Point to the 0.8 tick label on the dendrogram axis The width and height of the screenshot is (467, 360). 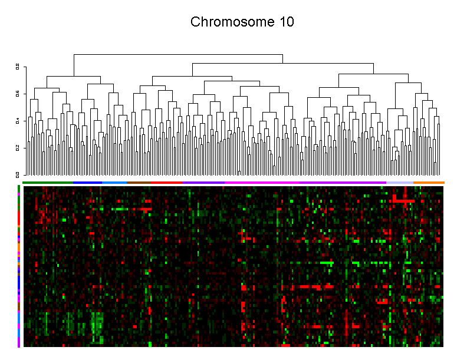pyautogui.click(x=18, y=67)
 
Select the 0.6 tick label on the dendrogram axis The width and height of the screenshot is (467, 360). pyautogui.click(x=18, y=94)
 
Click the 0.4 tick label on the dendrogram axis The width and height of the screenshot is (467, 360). pyautogui.click(x=18, y=121)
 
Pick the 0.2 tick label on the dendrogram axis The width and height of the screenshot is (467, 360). pyautogui.click(x=18, y=147)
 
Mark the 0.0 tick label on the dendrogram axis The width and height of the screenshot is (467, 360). pyautogui.click(x=18, y=174)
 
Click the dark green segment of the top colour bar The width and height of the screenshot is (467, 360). pyautogui.click(x=47, y=183)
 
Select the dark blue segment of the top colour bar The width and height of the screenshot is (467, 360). pyautogui.click(x=87, y=183)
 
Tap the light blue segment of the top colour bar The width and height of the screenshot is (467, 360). pyautogui.click(x=114, y=183)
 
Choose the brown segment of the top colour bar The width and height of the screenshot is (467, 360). pyautogui.click(x=139, y=183)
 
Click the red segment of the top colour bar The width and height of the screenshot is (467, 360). pyautogui.click(x=166, y=183)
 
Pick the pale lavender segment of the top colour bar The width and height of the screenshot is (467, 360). pyautogui.click(x=400, y=183)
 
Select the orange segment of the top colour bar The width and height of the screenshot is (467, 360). pyautogui.click(x=429, y=183)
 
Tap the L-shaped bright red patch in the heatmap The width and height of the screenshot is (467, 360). pyautogui.click(x=403, y=201)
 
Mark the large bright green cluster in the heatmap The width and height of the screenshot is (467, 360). pyautogui.click(x=97, y=324)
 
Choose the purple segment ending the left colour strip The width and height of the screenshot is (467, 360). pyautogui.click(x=19, y=342)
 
